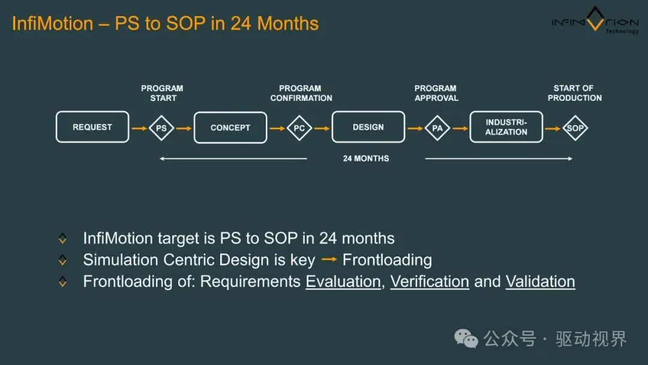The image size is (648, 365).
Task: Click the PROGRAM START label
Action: click(162, 93)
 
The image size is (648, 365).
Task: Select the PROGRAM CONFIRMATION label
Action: click(301, 93)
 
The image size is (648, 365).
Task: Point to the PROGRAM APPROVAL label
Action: click(436, 93)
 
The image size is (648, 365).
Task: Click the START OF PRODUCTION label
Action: click(574, 93)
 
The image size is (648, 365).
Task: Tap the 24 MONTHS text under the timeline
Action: click(366, 158)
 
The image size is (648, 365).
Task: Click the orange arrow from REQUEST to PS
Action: click(139, 128)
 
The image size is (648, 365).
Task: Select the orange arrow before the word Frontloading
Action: click(329, 259)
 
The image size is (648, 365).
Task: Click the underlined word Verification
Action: click(430, 282)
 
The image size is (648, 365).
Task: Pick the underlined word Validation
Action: click(540, 282)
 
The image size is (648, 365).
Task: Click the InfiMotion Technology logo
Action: click(595, 20)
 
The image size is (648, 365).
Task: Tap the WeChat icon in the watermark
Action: click(466, 339)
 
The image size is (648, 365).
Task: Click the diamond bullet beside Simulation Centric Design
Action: click(62, 260)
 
